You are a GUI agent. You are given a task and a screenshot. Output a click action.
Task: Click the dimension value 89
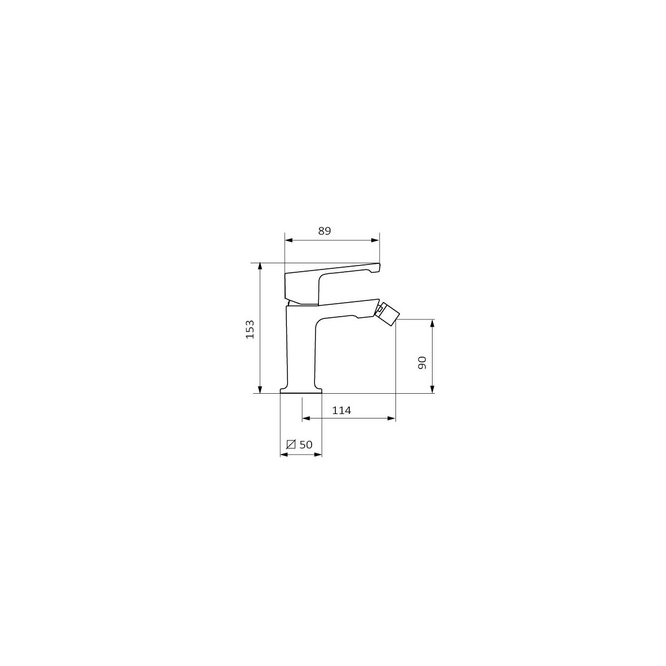pos(324,231)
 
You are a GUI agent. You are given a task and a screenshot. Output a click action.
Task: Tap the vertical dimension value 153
pos(250,329)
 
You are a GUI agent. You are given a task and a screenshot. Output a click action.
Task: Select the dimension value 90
pos(422,363)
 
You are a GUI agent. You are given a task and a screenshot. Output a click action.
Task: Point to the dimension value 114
pos(341,411)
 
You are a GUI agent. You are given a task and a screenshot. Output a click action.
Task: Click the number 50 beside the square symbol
pos(306,445)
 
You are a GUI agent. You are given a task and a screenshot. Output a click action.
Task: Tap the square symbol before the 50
pos(291,444)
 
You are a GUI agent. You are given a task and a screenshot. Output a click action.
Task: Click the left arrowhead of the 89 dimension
pos(289,240)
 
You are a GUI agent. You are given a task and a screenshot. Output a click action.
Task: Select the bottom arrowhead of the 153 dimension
pos(260,389)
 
